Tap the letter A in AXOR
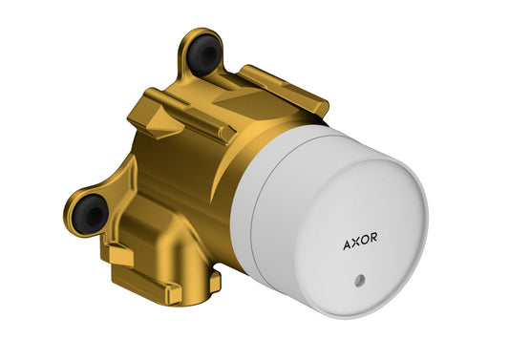pyautogui.click(x=347, y=244)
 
